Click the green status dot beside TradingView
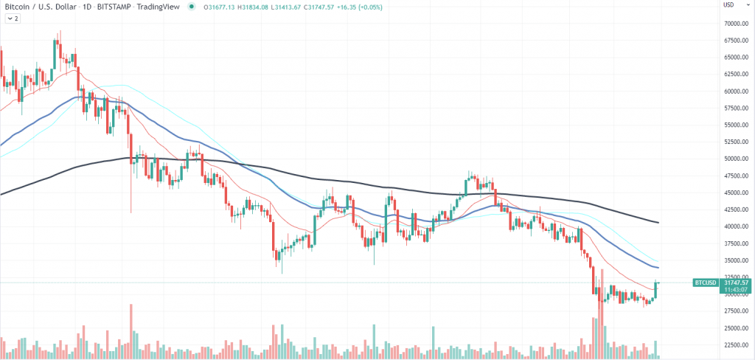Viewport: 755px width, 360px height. [x=192, y=6]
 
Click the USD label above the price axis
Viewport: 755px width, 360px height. [x=728, y=5]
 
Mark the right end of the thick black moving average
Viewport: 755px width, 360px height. [x=658, y=222]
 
